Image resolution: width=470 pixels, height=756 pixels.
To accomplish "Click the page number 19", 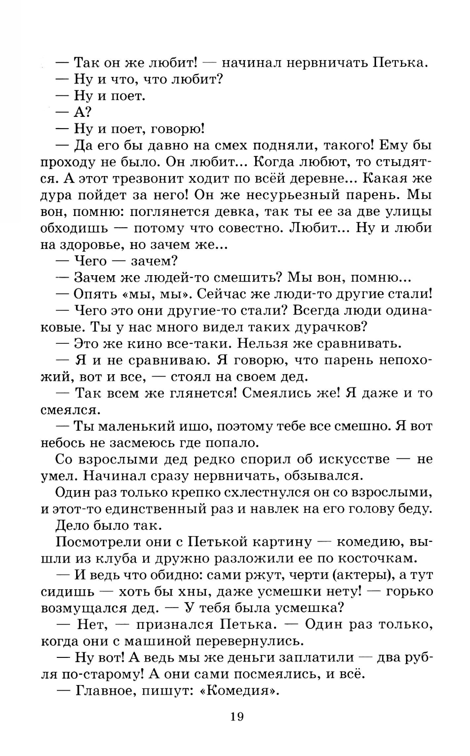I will (237, 717).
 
